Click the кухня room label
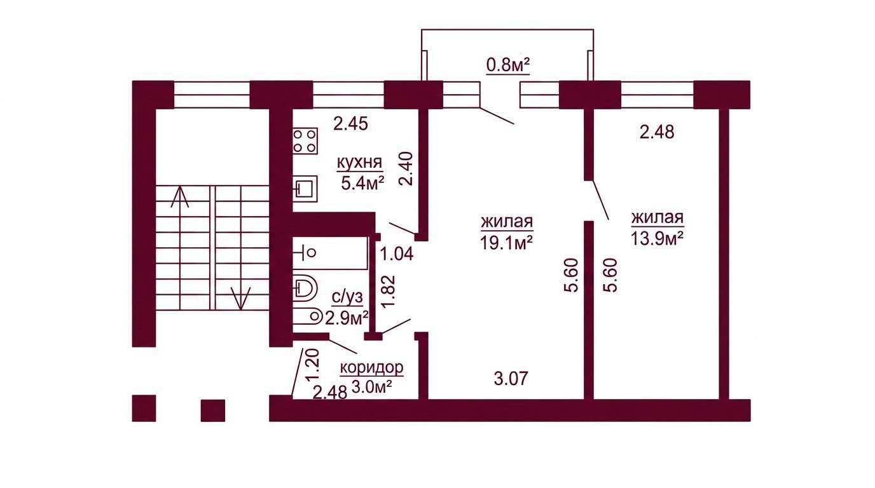point(359,163)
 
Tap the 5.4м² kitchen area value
point(362,183)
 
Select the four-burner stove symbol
point(305,141)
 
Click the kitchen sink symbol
point(305,189)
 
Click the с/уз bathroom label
point(347,298)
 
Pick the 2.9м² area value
point(347,318)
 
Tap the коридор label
point(371,367)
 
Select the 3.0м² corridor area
point(371,387)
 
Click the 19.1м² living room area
point(507,243)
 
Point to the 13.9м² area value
point(657,238)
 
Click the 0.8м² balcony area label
point(508,65)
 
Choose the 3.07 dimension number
point(511,378)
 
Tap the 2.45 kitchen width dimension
point(351,124)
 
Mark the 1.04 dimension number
point(397,255)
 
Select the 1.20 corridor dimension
point(313,365)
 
